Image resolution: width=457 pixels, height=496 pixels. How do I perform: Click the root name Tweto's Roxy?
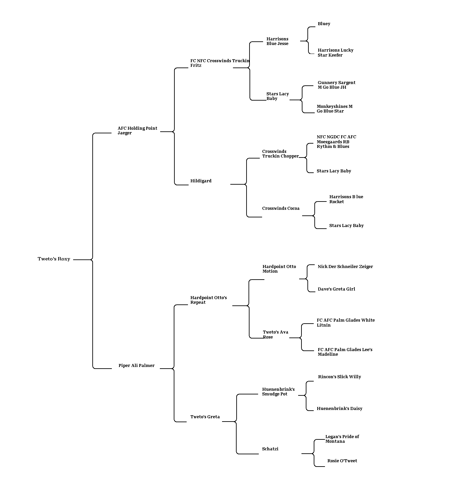coord(54,259)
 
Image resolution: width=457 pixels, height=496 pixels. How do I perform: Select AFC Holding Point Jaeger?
coord(137,131)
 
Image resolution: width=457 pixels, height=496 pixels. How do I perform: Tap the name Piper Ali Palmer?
coord(137,365)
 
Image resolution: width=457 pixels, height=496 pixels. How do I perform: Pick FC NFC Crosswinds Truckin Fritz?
coord(220,63)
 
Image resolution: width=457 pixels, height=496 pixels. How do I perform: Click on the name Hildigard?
coord(201,181)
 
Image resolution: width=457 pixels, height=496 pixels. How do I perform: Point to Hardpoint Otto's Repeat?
coord(208,300)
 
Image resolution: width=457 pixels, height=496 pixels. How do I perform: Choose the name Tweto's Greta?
coord(205,417)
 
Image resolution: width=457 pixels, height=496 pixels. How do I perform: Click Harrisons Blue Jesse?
coord(277,41)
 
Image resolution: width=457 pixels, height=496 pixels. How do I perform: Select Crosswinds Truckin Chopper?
coord(280,154)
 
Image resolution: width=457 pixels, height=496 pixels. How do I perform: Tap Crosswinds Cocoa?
coord(281,208)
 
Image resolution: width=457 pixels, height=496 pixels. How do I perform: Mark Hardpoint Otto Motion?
coord(279,269)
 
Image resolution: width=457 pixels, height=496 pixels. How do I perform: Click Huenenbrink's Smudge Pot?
coord(278,392)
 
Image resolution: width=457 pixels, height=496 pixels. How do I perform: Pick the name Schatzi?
coord(270,449)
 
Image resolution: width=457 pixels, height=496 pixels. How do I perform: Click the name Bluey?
coord(324,24)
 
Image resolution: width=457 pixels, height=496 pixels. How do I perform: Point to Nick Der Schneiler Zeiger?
coord(345,267)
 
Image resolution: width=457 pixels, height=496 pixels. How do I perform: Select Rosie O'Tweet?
coord(342,461)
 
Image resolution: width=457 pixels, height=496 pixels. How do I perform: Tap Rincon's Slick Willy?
coord(340,377)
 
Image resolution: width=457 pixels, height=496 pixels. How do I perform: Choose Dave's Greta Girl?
coord(336,289)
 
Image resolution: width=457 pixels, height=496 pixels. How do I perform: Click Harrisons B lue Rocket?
coord(346,199)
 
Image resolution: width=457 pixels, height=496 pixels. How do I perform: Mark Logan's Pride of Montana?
coord(342,439)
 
